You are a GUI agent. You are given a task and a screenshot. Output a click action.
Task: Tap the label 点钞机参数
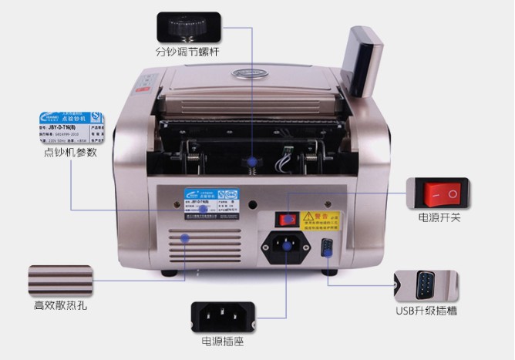pyautogui.click(x=70, y=153)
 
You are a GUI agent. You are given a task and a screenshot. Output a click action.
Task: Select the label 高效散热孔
pyautogui.click(x=60, y=305)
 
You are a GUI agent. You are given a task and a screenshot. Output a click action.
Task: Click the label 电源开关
pyautogui.click(x=439, y=218)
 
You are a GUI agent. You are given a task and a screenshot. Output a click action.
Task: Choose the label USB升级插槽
pyautogui.click(x=426, y=311)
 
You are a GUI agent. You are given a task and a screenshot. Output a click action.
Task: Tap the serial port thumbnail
pyautogui.click(x=426, y=285)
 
